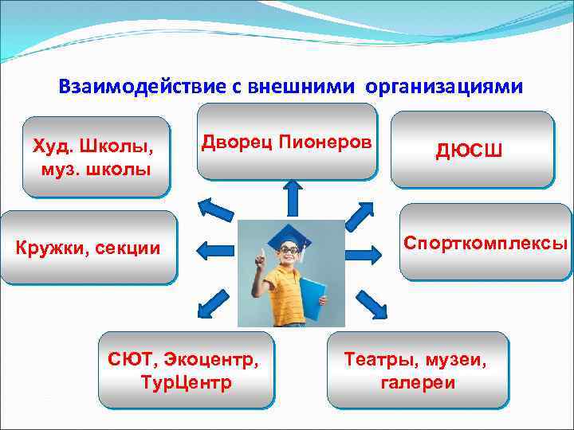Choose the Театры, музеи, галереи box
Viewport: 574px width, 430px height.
pos(417,370)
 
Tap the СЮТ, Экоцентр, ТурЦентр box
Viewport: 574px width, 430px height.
pos(185,370)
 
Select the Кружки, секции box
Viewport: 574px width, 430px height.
pos(88,248)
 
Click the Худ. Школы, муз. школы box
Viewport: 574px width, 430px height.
pos(96,158)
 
